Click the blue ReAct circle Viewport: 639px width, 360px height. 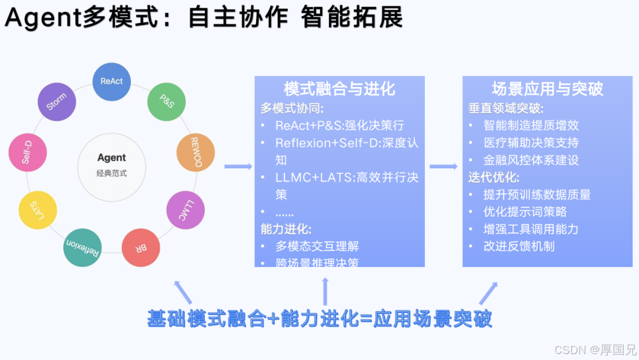pyautogui.click(x=112, y=81)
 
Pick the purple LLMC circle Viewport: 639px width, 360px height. pyautogui.click(x=186, y=210)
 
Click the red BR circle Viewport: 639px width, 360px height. pyautogui.click(x=141, y=247)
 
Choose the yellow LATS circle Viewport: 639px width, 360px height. pyautogui.click(x=37, y=210)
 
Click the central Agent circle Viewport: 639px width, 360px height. pyautogui.click(x=112, y=164)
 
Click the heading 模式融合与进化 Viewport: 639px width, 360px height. pyautogui.click(x=339, y=89)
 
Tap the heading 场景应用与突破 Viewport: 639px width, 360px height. pyautogui.click(x=547, y=89)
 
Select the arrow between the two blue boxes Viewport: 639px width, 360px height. pyautogui.click(x=443, y=166)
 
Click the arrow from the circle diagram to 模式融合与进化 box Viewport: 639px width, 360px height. pyautogui.click(x=238, y=166)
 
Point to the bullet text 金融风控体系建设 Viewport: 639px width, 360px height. pyautogui.click(x=531, y=160)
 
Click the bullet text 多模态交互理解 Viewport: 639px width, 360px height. pyautogui.click(x=317, y=246)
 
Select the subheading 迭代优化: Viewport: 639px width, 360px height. pyautogui.click(x=493, y=177)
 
